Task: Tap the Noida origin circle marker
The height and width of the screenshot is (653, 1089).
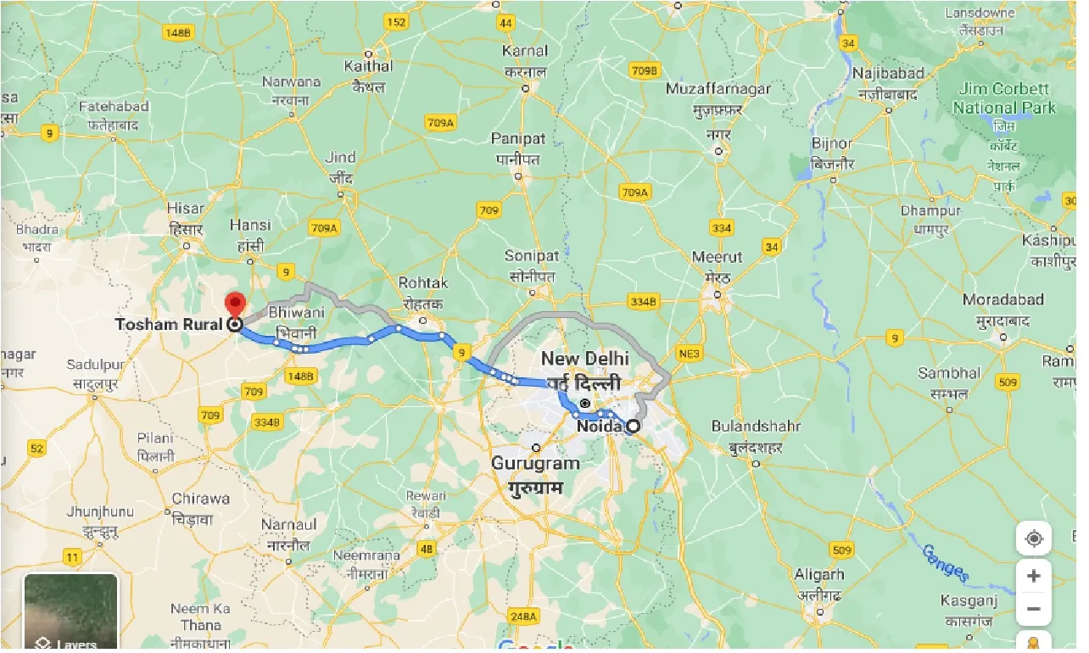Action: click(x=632, y=427)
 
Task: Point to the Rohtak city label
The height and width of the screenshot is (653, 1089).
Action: click(x=425, y=283)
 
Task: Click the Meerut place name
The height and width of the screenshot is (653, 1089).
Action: click(x=717, y=257)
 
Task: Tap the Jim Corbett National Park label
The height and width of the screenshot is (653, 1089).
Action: click(x=1004, y=98)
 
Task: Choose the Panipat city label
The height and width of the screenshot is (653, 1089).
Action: click(x=518, y=138)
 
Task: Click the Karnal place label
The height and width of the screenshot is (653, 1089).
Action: click(x=525, y=51)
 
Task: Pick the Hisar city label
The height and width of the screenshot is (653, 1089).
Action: click(x=185, y=209)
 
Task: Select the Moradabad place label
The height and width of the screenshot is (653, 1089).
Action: click(x=1003, y=300)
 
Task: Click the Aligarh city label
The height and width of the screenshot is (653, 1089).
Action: click(x=819, y=575)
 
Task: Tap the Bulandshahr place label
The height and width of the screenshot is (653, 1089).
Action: click(x=757, y=426)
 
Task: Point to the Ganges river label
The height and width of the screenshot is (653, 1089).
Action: click(x=945, y=562)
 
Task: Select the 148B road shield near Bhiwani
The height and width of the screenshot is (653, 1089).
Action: click(x=300, y=375)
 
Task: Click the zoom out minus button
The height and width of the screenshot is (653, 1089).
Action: click(x=1033, y=609)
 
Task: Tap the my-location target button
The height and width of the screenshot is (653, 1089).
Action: click(x=1033, y=539)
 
